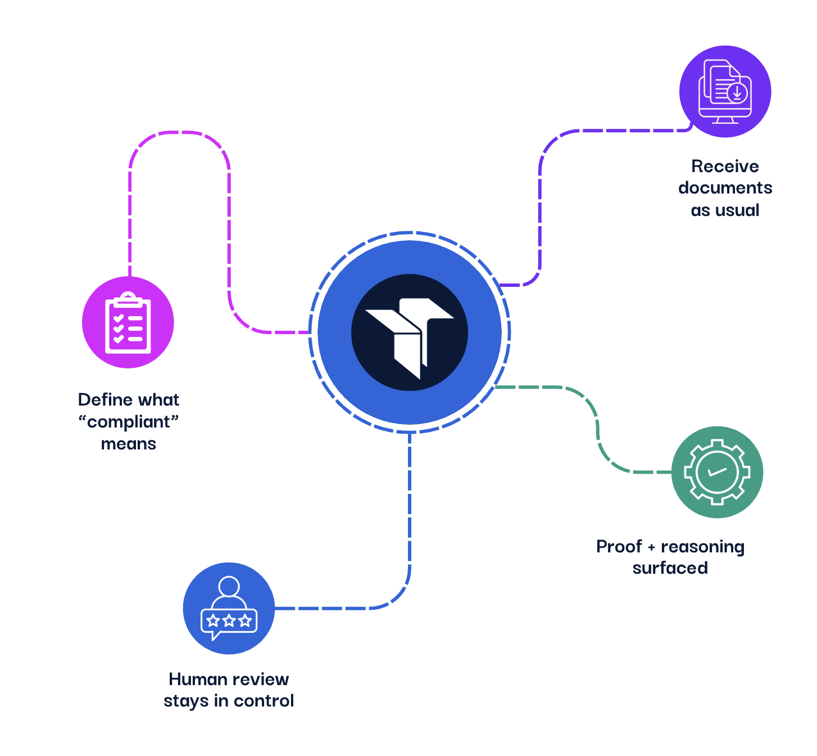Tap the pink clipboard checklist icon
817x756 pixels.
(128, 322)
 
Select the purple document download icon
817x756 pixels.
(725, 91)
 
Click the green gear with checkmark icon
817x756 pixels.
(717, 472)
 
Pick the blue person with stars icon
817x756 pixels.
(229, 608)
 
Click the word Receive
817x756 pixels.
(725, 166)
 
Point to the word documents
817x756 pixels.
(725, 188)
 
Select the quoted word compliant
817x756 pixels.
(129, 422)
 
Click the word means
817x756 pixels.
(129, 444)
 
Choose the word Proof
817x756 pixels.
(619, 547)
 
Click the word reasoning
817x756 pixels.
(702, 547)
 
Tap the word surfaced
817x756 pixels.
(670, 568)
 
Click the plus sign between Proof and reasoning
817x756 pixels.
(651, 547)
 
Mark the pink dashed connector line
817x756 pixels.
(229, 236)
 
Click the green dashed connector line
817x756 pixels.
(597, 427)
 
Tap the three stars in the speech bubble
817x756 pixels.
(229, 621)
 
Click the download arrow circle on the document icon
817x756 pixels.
(737, 92)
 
